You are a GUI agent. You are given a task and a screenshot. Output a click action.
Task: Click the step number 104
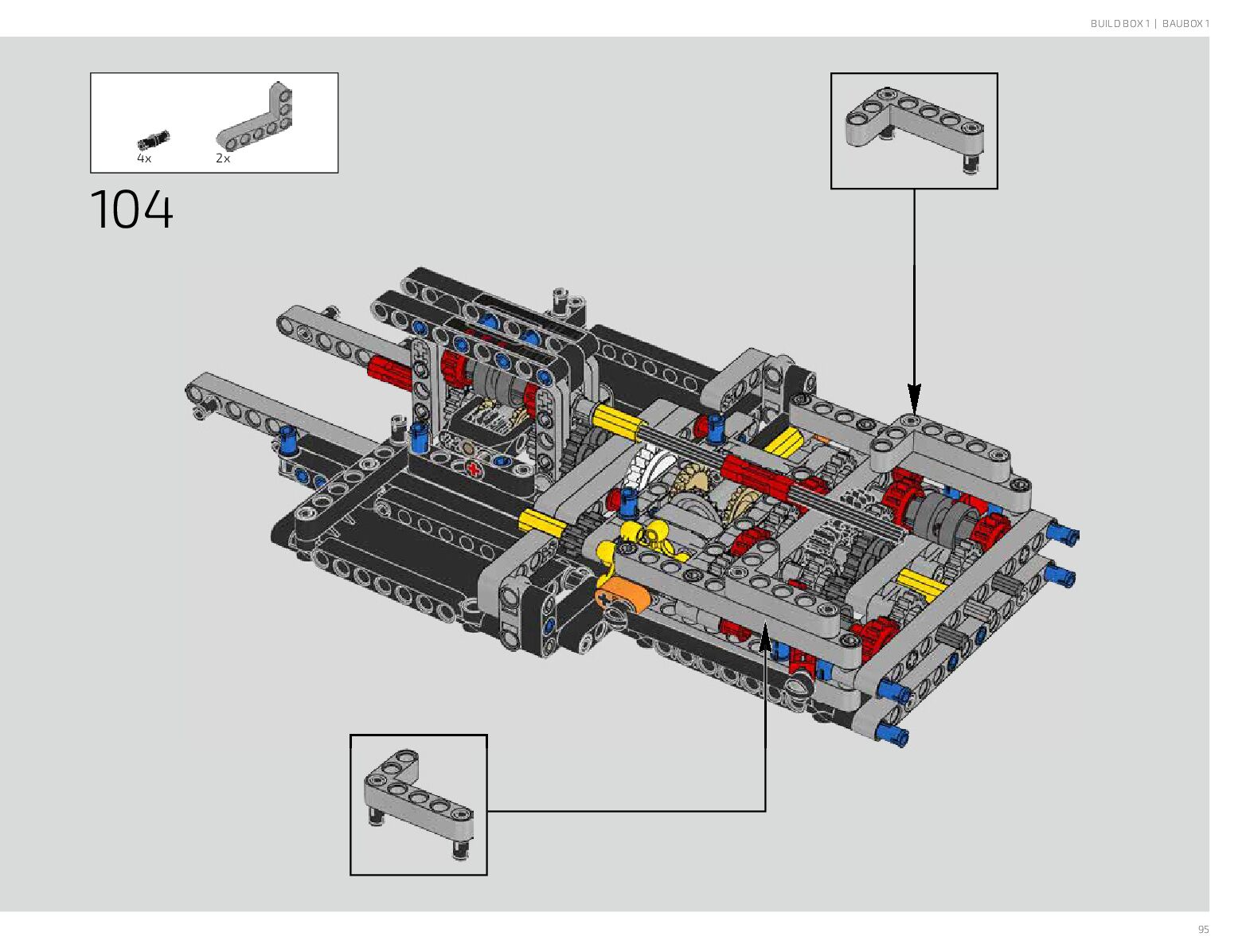132,210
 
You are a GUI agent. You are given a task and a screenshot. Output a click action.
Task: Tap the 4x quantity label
144,158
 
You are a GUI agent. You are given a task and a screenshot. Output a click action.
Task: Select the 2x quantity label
223,158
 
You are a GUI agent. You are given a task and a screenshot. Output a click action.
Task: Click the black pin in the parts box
153,140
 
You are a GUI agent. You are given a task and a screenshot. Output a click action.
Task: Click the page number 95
1203,930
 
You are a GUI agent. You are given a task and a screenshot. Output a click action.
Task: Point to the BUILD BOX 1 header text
1119,24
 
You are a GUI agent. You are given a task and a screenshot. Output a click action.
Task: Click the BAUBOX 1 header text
1185,24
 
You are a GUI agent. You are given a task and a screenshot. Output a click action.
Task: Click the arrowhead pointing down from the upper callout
914,396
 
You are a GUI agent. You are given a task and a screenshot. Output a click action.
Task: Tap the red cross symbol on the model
475,469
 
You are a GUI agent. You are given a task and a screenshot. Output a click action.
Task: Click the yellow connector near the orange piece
641,536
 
